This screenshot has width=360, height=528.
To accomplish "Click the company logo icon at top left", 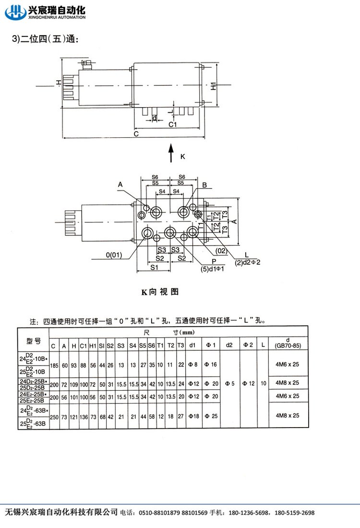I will coord(14,11).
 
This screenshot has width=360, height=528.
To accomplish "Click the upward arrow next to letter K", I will coord(171,154).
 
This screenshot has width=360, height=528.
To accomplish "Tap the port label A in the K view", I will coord(120,184).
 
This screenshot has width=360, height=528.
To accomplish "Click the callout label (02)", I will coord(221,250).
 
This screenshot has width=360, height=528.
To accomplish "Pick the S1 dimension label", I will coord(154,267).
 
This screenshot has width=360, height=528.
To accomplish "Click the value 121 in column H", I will coord(73,416).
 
